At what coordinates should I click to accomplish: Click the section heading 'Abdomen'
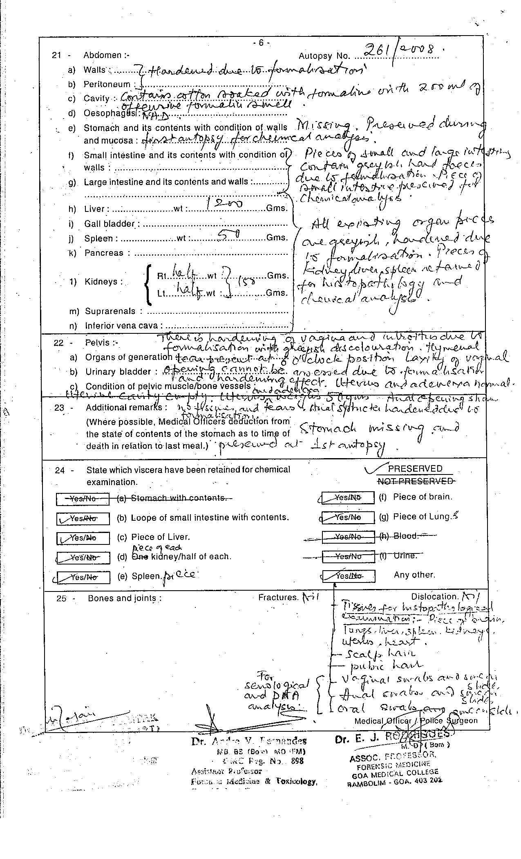pos(103,55)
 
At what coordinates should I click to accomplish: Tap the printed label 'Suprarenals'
pos(110,311)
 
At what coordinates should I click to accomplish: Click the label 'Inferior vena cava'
pos(123,326)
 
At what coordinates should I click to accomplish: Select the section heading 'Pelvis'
pos(98,342)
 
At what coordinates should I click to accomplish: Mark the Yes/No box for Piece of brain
pos(348,498)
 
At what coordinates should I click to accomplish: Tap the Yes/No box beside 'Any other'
pos(349,576)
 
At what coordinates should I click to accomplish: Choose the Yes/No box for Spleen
pos(83,577)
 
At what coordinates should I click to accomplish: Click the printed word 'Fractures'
pos(278,598)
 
